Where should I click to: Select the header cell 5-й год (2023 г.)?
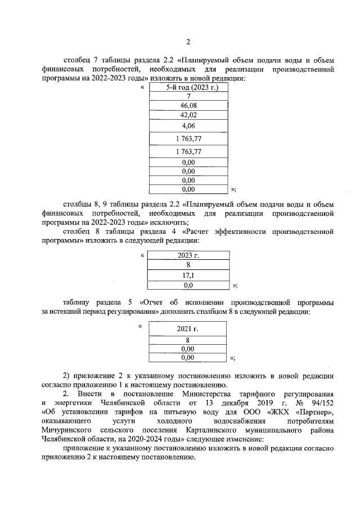click(x=188, y=87)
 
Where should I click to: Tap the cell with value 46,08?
click(x=188, y=105)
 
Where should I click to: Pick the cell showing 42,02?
click(x=188, y=115)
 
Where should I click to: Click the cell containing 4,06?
click(x=188, y=127)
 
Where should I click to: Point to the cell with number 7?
click(x=188, y=96)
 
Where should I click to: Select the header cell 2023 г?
click(x=188, y=255)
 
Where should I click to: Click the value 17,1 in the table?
click(x=188, y=276)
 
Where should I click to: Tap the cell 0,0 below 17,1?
click(x=188, y=285)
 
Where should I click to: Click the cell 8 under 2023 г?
click(x=188, y=265)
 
